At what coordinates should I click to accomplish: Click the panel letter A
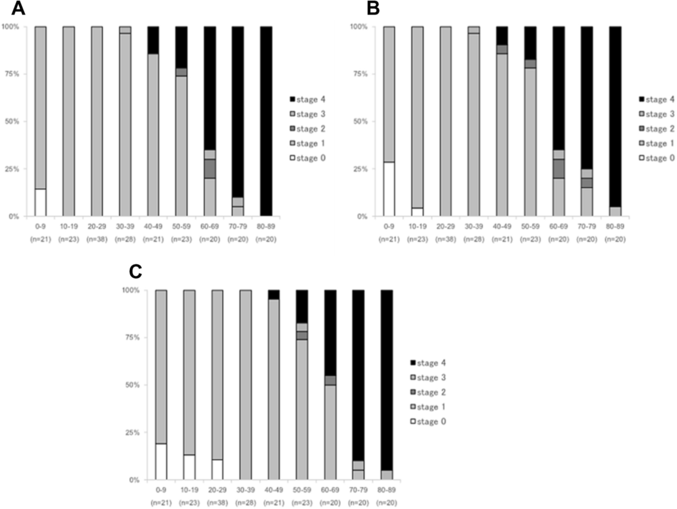click(18, 9)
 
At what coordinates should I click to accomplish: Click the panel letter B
click(373, 9)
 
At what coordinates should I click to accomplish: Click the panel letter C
click(135, 271)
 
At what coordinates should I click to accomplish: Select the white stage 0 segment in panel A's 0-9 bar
click(40, 202)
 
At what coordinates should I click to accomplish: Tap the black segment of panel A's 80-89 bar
click(266, 121)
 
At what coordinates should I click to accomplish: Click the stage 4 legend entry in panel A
click(307, 99)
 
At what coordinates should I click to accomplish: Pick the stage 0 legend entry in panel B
click(656, 158)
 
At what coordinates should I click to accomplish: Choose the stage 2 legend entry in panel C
click(428, 392)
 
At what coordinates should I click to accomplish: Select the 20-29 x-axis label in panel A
click(97, 226)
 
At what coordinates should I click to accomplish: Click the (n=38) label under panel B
click(445, 239)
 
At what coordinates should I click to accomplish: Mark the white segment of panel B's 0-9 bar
click(389, 189)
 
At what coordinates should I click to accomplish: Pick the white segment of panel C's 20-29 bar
click(217, 469)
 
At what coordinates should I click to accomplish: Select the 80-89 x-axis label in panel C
click(386, 490)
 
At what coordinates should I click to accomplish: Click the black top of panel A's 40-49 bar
click(153, 40)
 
